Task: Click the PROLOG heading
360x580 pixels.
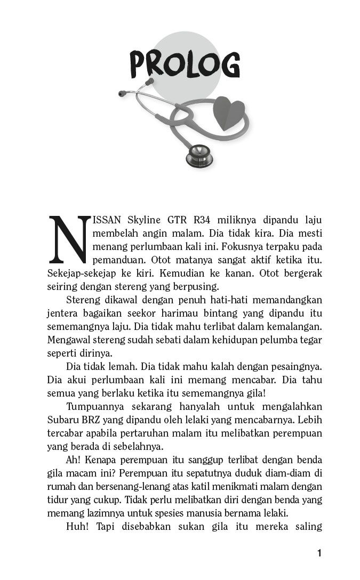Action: pos(185,66)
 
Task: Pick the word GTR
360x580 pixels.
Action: pos(178,220)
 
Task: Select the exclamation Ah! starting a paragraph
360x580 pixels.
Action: pos(73,460)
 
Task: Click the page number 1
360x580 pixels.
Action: pos(319,554)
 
